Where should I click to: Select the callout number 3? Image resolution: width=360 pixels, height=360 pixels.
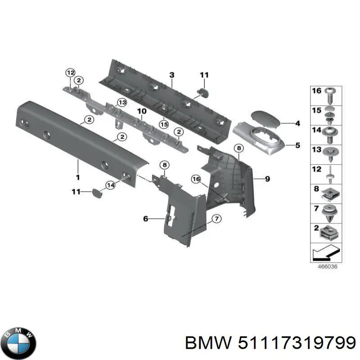pyautogui.click(x=171, y=75)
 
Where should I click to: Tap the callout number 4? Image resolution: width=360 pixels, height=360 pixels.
pyautogui.click(x=297, y=123)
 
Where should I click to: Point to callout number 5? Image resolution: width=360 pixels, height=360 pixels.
pyautogui.click(x=297, y=145)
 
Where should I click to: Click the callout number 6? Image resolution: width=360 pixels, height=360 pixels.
pyautogui.click(x=145, y=219)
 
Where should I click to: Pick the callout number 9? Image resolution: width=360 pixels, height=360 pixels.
pyautogui.click(x=267, y=179)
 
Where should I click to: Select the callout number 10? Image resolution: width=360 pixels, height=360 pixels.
pyautogui.click(x=141, y=111)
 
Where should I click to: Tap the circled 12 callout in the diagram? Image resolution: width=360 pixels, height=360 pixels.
pyautogui.click(x=70, y=72)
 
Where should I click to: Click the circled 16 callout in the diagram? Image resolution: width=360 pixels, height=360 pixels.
pyautogui.click(x=196, y=179)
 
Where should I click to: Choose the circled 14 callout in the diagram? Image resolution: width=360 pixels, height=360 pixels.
pyautogui.click(x=110, y=184)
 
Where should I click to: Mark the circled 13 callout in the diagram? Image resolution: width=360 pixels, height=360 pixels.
pyautogui.click(x=121, y=102)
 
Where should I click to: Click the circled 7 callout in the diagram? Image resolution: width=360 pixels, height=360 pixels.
pyautogui.click(x=216, y=219)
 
